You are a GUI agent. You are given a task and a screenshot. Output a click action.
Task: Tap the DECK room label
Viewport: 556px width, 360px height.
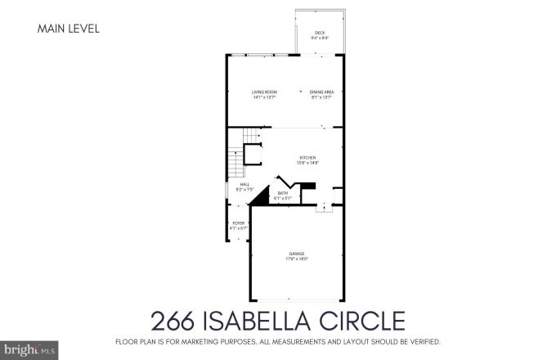pyautogui.click(x=319, y=32)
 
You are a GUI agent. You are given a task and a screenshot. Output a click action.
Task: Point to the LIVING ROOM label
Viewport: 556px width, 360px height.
pyautogui.click(x=263, y=92)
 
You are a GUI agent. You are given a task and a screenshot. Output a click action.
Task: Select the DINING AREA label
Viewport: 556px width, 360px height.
pyautogui.click(x=321, y=92)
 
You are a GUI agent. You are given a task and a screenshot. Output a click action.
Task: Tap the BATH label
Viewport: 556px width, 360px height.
pyautogui.click(x=282, y=192)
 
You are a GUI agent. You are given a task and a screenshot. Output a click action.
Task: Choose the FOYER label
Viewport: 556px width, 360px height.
pyautogui.click(x=239, y=223)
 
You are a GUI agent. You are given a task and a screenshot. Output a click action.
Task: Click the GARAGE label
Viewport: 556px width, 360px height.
pyautogui.click(x=297, y=254)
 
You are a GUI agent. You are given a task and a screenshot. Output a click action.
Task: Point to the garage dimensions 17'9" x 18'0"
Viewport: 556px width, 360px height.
pyautogui.click(x=297, y=259)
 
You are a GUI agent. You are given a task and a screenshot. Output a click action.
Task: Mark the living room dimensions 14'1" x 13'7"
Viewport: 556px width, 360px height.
pyautogui.click(x=263, y=97)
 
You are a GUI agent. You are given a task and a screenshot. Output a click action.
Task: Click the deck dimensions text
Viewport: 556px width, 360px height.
pyautogui.click(x=319, y=38)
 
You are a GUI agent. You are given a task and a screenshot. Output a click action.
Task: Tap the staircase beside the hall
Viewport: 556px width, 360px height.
pyautogui.click(x=235, y=160)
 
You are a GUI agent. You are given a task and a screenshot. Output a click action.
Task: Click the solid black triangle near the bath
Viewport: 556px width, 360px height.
pyautogui.click(x=260, y=196)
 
